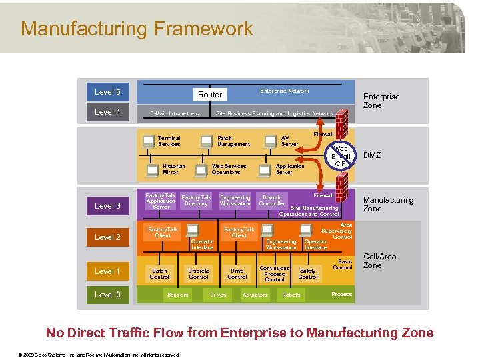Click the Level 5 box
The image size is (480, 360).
tap(107, 92)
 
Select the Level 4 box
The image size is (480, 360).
tap(107, 112)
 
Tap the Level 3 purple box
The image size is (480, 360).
tap(107, 206)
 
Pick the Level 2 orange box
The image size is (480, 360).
tap(107, 237)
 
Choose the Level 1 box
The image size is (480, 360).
tap(107, 271)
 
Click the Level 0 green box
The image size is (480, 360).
tap(107, 295)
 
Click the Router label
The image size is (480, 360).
tap(210, 95)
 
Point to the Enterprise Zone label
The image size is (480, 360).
tap(381, 101)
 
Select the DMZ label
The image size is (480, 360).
tap(372, 155)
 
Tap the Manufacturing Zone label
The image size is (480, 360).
tap(388, 204)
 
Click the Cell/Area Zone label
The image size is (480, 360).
tap(379, 261)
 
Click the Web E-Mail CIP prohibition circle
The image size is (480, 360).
tap(340, 156)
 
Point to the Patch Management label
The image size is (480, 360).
tap(233, 141)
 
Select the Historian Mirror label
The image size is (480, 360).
tap(174, 169)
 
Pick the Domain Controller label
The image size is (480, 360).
tap(272, 201)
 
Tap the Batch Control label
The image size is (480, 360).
tap(159, 274)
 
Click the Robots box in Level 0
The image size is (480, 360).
tap(291, 295)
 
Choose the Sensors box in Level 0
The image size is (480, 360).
tap(177, 295)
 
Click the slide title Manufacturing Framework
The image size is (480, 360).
tap(137, 29)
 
